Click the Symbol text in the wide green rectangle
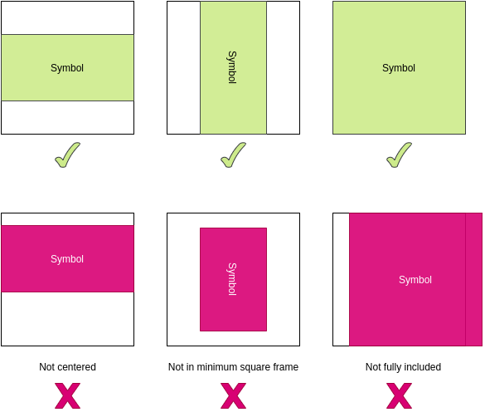[67, 68]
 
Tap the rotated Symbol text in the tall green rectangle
[232, 67]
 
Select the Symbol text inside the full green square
[399, 68]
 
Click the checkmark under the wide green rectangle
[68, 155]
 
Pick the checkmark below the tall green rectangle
[234, 155]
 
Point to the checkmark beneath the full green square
[400, 155]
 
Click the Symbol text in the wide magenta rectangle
[67, 259]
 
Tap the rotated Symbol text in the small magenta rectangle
[232, 279]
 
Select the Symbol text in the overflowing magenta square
[415, 280]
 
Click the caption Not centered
[67, 367]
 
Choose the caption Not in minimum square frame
[233, 367]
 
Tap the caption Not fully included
[403, 367]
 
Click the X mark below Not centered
[67, 396]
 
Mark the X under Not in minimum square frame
[234, 396]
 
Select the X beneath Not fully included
[400, 396]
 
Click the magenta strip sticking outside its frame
[474, 279]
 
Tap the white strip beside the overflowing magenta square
[342, 279]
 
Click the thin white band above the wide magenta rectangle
[67, 219]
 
